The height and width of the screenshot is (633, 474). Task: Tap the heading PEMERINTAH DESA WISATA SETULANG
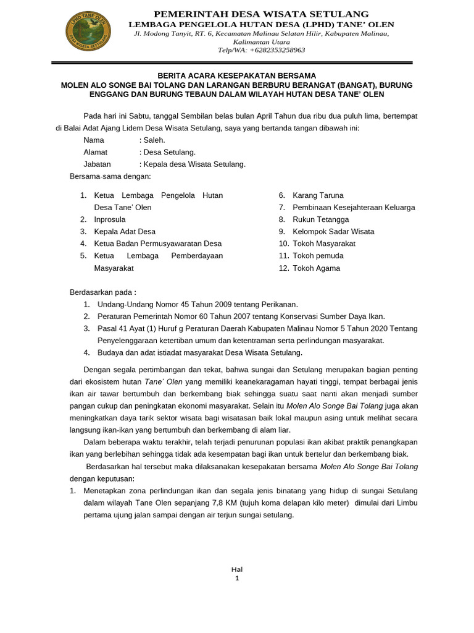point(261,14)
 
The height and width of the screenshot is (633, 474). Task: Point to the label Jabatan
point(98,164)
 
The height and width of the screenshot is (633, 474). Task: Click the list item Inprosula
point(110,219)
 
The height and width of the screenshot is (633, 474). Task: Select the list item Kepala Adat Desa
point(125,232)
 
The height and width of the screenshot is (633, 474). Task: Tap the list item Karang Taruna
point(318,195)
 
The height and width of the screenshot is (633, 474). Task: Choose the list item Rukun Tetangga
point(320,219)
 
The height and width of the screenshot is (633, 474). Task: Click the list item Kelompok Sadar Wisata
point(333,232)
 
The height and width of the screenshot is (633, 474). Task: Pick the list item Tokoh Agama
point(316,268)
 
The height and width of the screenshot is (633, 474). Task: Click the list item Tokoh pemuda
point(318,256)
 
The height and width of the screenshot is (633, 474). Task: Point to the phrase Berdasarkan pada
point(102,292)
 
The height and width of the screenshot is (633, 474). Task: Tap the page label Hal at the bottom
point(237,569)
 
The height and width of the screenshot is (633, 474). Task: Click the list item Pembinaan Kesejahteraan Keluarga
point(354,208)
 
